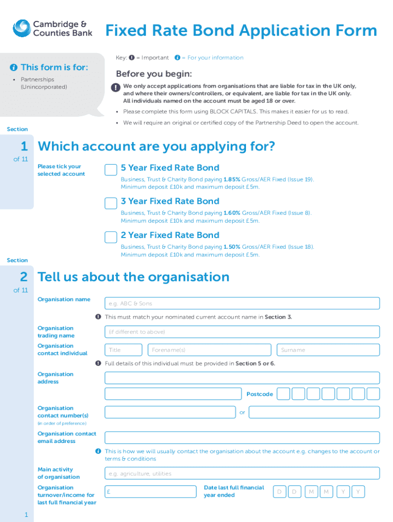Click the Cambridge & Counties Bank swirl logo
(21, 29)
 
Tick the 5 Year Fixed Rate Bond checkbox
(111, 170)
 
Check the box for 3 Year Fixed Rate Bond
(111, 203)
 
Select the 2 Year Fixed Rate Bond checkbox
(111, 237)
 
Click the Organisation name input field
(242, 303)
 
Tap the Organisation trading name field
(242, 332)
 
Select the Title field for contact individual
(124, 350)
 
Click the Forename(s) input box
(210, 350)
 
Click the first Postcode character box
(283, 394)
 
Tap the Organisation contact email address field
(242, 437)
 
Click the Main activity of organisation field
(242, 474)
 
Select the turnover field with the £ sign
(151, 491)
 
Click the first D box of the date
(279, 491)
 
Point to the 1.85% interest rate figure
(232, 179)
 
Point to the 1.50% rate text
(232, 247)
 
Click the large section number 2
(23, 277)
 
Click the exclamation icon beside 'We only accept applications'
(114, 88)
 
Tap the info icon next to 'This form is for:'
(14, 68)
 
